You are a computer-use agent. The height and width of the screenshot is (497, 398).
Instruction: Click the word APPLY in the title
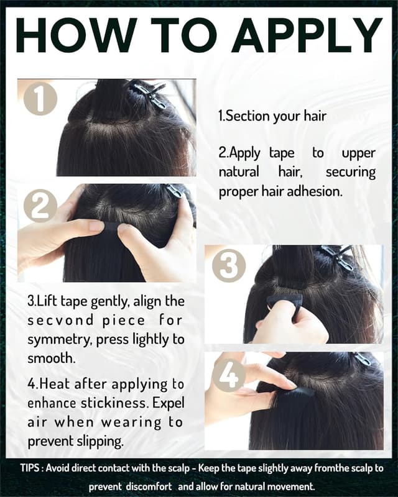pyautogui.click(x=307, y=35)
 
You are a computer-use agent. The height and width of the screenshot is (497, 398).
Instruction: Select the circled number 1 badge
pyautogui.click(x=40, y=98)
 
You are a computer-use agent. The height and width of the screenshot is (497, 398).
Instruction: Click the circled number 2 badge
pyautogui.click(x=40, y=206)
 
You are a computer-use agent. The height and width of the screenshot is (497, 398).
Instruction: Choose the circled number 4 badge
pyautogui.click(x=228, y=376)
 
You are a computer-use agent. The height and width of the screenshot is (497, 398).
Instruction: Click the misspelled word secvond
pyautogui.click(x=60, y=321)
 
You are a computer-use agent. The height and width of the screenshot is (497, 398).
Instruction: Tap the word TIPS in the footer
pyautogui.click(x=30, y=468)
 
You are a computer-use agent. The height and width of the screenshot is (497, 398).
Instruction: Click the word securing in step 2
pyautogui.click(x=351, y=173)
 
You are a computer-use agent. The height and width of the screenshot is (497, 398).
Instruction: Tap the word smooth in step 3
pyautogui.click(x=50, y=358)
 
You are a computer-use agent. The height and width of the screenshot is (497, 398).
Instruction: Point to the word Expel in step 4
pyautogui.click(x=169, y=403)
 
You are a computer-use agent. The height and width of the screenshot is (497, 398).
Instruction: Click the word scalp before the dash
pyautogui.click(x=178, y=468)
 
